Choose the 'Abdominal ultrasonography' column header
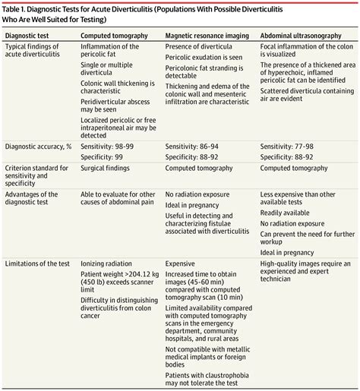pyautogui.click(x=298, y=36)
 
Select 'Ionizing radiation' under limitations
pyautogui.click(x=106, y=263)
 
